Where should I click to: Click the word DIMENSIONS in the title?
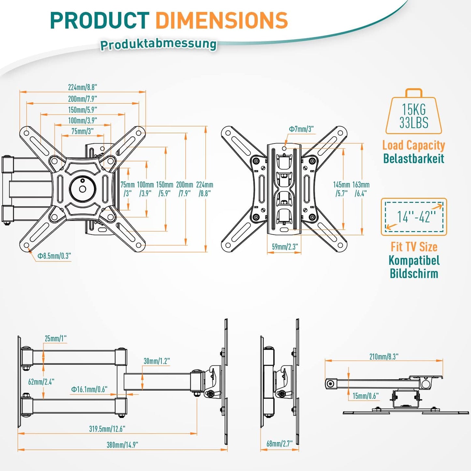(x=222, y=20)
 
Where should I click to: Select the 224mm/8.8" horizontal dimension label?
(x=82, y=87)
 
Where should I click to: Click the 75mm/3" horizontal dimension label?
(x=82, y=131)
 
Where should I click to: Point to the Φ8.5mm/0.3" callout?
(x=54, y=256)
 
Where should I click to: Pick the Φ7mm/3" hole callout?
(x=301, y=129)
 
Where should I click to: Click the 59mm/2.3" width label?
(x=285, y=247)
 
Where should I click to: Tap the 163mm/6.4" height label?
(x=361, y=189)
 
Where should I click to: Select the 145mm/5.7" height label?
(x=342, y=189)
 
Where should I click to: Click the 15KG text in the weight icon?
(x=414, y=110)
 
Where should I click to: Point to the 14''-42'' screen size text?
(x=416, y=217)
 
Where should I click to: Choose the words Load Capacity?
(x=414, y=145)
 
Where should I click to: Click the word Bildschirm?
(x=414, y=273)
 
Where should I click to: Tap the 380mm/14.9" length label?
(x=123, y=445)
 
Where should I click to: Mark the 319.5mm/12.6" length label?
(x=107, y=429)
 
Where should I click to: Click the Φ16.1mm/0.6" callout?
(x=89, y=389)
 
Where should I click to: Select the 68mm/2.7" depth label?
(x=280, y=443)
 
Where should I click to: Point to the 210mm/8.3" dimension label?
(x=384, y=357)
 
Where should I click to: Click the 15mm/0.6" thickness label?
(x=365, y=396)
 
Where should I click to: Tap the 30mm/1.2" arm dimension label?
(x=157, y=361)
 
